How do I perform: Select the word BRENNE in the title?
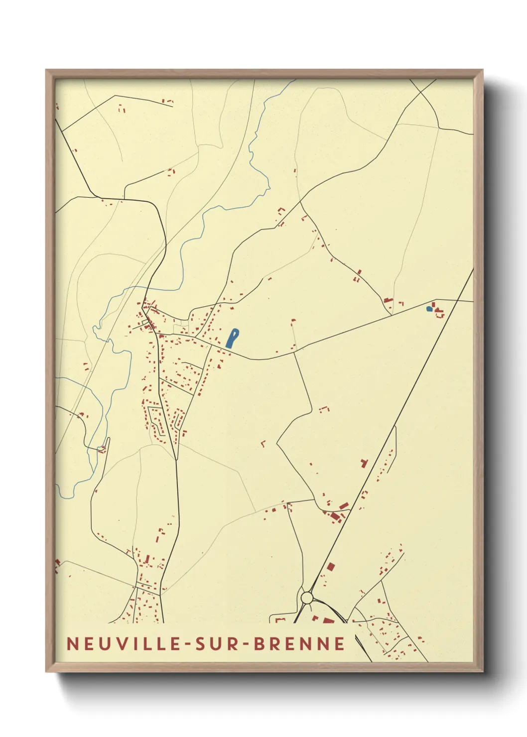[299, 643]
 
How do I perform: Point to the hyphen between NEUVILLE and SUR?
[187, 644]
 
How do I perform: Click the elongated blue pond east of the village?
[232, 338]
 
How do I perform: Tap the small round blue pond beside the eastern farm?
[429, 309]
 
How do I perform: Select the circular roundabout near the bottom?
[307, 597]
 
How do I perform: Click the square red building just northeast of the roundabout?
[330, 567]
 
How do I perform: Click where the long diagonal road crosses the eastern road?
[457, 300]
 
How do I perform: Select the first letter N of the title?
[72, 643]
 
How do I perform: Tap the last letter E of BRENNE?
[340, 643]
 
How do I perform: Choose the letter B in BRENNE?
[260, 643]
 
